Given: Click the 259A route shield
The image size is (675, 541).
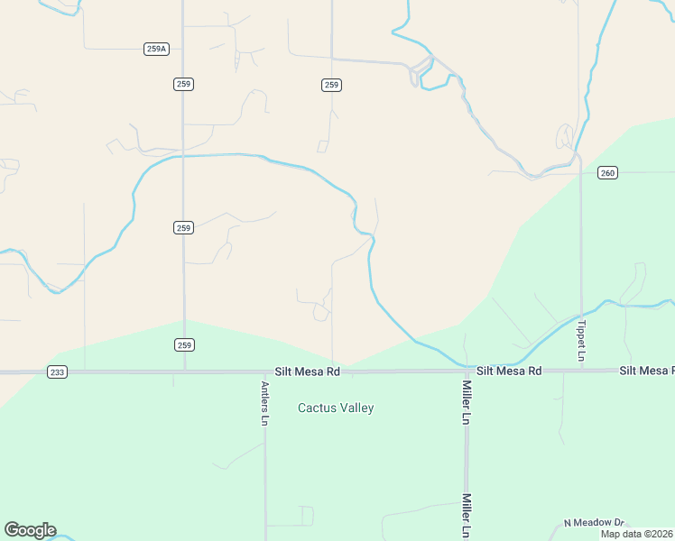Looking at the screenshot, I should pos(156,49).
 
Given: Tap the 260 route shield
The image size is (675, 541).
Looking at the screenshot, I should pos(607,172).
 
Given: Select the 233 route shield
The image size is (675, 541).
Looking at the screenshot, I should pos(57,371).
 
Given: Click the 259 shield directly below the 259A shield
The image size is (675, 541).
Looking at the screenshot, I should pos(184,84).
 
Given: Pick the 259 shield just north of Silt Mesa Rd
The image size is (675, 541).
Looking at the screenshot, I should pos(184,344).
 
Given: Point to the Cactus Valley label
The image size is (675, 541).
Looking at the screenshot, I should pos(336,408).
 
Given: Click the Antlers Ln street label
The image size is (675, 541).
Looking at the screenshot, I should pos(265,404).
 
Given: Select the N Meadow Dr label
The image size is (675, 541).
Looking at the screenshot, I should pos(594,523).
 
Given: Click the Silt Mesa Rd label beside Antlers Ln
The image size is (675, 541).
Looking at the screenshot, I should pos(308,371).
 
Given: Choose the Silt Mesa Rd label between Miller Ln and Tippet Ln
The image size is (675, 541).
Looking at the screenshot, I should pos(509,371).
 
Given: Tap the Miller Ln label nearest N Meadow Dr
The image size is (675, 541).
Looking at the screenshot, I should pos(467,515).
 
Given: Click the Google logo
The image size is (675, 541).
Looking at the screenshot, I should pos(30,530).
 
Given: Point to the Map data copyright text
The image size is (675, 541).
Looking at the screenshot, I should pos(637,534).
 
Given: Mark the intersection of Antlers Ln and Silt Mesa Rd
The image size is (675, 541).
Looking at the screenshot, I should pos(265,371).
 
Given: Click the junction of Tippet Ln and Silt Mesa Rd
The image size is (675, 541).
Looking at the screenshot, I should pos(581,371).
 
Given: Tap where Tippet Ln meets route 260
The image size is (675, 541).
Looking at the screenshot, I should pos(580,172).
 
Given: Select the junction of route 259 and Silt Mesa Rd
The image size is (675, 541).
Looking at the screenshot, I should pos(184,371).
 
